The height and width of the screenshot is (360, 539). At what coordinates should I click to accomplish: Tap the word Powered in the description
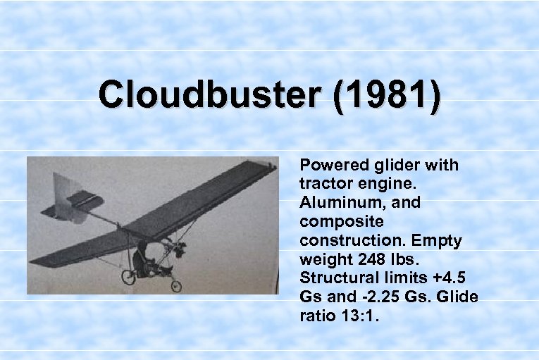[330, 166]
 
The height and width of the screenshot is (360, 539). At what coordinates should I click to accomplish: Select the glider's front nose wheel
[175, 285]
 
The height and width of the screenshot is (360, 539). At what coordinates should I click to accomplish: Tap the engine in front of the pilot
[179, 248]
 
